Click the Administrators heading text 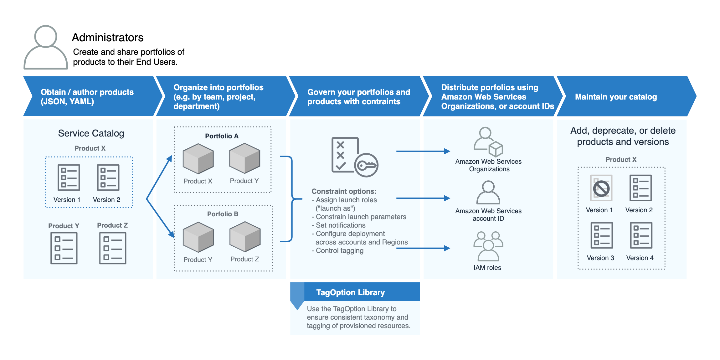107,38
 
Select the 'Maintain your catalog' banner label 615,97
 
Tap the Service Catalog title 91,133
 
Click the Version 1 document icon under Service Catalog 69,177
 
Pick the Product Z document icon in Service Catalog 113,248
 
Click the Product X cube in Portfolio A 198,159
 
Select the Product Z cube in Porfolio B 245,237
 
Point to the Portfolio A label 222,136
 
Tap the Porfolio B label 223,214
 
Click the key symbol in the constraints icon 366,165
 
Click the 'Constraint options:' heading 344,191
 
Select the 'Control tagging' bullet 339,251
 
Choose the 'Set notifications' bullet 340,225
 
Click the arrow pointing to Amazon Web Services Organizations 423,151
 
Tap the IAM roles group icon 488,246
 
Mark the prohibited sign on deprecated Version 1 601,188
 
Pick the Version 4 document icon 641,235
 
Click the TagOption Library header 350,292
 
